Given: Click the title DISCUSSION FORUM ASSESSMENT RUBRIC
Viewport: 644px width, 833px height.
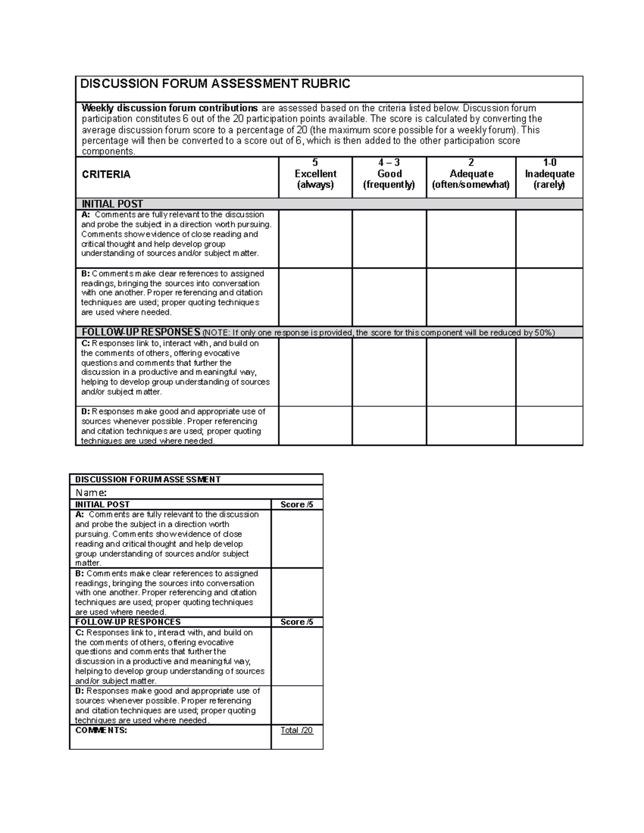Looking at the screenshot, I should click(215, 84).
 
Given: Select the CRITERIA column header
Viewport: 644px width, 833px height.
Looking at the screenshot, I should click(106, 174).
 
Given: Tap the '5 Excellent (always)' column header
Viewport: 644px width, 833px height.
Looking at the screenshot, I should click(316, 174).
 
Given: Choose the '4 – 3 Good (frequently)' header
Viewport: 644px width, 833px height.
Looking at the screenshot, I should click(389, 174).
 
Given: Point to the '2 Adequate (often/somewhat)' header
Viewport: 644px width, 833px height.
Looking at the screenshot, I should click(471, 174).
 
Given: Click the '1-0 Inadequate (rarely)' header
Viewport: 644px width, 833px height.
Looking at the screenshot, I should click(549, 174).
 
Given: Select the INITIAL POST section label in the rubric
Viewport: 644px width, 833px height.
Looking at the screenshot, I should click(112, 204).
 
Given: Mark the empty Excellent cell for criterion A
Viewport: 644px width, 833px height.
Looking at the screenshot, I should click(316, 239).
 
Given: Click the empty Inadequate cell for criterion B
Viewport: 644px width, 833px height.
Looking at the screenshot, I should click(549, 297).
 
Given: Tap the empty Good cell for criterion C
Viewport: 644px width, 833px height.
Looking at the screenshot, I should click(389, 372).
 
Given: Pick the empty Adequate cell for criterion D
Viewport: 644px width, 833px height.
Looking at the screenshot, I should click(471, 425).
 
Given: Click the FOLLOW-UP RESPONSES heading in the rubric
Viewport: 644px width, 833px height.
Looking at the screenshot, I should click(141, 332).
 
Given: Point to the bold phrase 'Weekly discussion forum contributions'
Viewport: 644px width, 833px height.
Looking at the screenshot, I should click(170, 108).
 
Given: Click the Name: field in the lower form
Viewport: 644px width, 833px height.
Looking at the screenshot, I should click(91, 492).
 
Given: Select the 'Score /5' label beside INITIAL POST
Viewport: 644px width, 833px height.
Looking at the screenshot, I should click(297, 504).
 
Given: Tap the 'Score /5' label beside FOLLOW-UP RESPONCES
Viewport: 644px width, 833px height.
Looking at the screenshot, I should click(297, 622).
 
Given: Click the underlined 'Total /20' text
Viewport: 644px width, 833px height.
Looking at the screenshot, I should click(297, 730).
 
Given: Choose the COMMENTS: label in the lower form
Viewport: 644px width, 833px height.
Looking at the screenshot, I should click(101, 730).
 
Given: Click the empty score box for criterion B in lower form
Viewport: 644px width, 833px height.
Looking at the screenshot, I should click(297, 592).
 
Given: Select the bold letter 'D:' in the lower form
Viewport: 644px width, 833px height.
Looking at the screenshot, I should click(80, 691).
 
